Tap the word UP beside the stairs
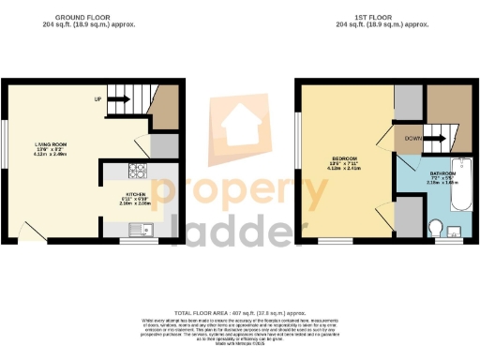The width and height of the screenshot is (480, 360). [97, 97]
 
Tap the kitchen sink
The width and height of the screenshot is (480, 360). [141, 227]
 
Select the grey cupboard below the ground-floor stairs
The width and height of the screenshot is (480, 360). [162, 145]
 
